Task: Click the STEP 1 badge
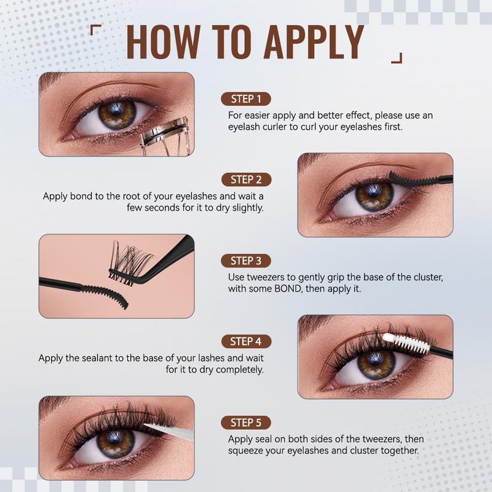tap(246, 99)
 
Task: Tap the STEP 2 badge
tap(246, 180)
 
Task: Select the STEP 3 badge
tap(246, 260)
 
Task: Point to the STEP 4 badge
tap(246, 341)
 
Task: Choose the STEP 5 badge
tap(246, 423)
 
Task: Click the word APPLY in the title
tap(314, 41)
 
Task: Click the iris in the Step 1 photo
tap(117, 114)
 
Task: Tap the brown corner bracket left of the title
tap(94, 29)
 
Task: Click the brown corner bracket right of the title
tap(397, 58)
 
